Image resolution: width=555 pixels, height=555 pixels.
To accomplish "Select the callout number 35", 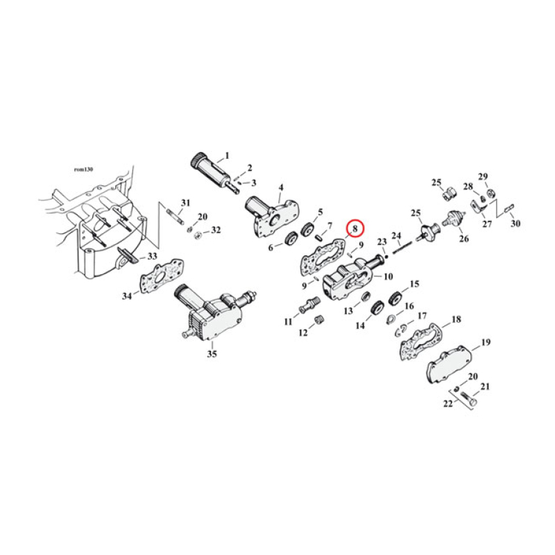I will point(212,354).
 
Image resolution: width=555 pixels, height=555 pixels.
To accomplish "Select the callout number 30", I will point(515,223).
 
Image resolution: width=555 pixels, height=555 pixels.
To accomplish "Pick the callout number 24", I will point(397,235).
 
